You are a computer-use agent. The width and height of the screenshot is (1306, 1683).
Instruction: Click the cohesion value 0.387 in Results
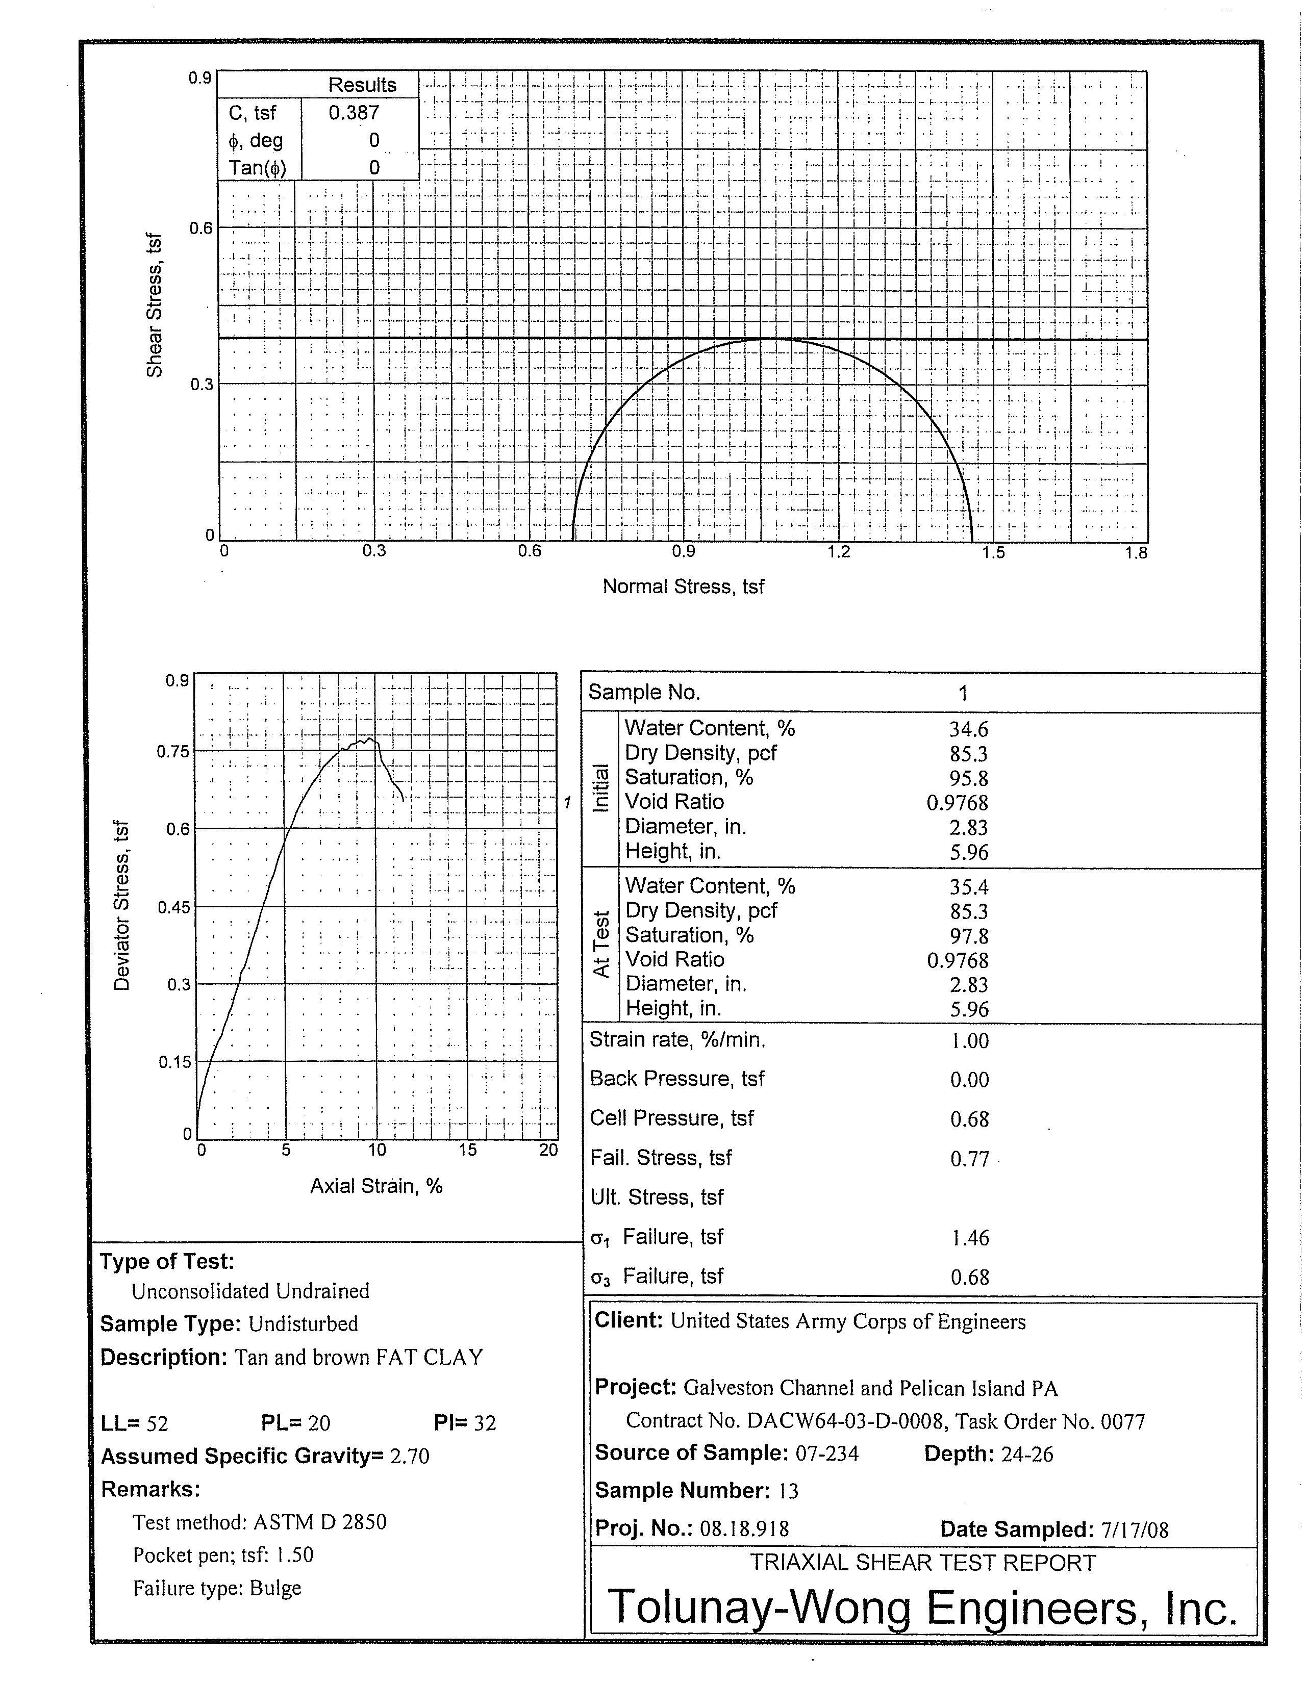click(354, 113)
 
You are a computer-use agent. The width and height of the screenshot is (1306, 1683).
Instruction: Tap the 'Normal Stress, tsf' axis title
click(683, 586)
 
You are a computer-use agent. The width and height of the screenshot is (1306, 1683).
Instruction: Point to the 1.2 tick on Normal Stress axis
click(839, 552)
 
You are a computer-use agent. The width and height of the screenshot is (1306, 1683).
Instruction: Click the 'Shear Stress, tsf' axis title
click(155, 305)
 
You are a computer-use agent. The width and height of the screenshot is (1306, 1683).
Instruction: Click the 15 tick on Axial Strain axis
click(467, 1150)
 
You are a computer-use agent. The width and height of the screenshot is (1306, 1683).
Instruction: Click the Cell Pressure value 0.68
click(969, 1119)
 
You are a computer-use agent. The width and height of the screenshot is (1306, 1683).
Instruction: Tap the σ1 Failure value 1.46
click(969, 1238)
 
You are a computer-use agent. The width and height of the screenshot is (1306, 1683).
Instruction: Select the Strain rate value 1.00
click(969, 1041)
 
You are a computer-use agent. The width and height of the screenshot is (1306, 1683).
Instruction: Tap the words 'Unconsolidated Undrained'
click(250, 1291)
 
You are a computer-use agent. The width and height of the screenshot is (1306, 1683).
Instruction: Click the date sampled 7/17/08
click(1135, 1529)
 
